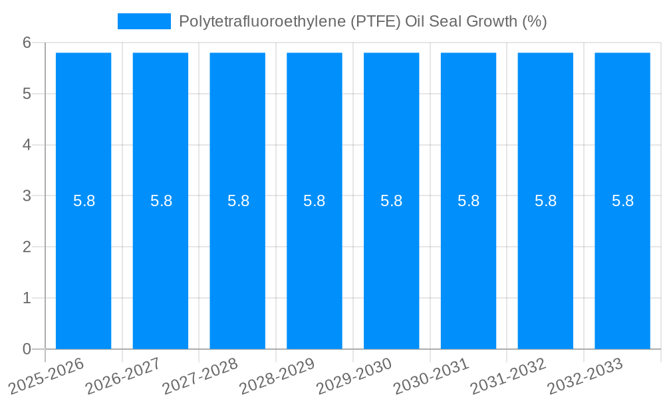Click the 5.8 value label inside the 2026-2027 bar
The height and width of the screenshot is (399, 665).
point(161,201)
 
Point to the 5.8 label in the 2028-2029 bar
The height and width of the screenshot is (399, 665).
point(314,201)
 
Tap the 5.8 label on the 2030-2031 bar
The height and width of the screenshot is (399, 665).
point(468,201)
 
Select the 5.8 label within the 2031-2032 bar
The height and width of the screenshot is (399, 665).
point(545,201)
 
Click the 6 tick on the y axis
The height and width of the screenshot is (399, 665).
point(27,43)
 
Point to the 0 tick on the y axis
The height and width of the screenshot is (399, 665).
point(27,349)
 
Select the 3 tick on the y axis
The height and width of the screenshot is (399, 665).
point(27,196)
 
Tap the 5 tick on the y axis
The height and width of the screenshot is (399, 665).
point(27,94)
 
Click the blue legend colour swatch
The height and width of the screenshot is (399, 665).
point(144,21)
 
